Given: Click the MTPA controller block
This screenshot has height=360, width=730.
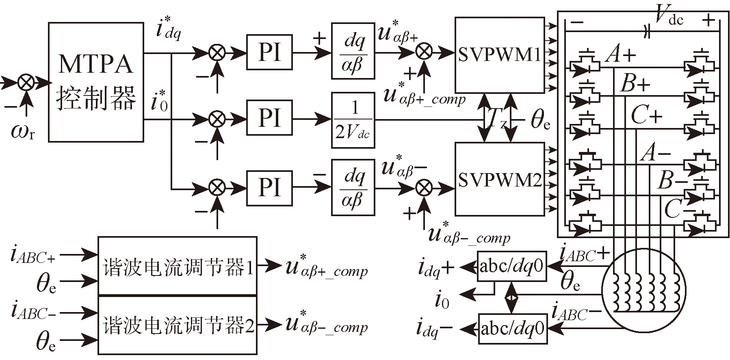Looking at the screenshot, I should click(x=96, y=82).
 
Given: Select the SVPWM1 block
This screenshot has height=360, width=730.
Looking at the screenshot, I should click(x=499, y=55).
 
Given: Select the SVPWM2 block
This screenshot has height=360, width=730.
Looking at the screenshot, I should click(x=499, y=179).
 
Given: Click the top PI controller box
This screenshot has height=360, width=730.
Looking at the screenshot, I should click(x=269, y=53).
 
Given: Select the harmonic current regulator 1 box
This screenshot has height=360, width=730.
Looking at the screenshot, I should click(x=178, y=266).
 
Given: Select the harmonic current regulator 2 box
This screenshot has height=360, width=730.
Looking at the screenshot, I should click(x=178, y=325).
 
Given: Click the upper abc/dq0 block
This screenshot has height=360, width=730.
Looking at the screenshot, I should click(x=511, y=267).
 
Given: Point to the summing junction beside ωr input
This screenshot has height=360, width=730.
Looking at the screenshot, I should click(x=26, y=83).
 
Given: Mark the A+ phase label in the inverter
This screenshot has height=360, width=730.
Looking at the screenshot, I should click(x=620, y=54).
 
